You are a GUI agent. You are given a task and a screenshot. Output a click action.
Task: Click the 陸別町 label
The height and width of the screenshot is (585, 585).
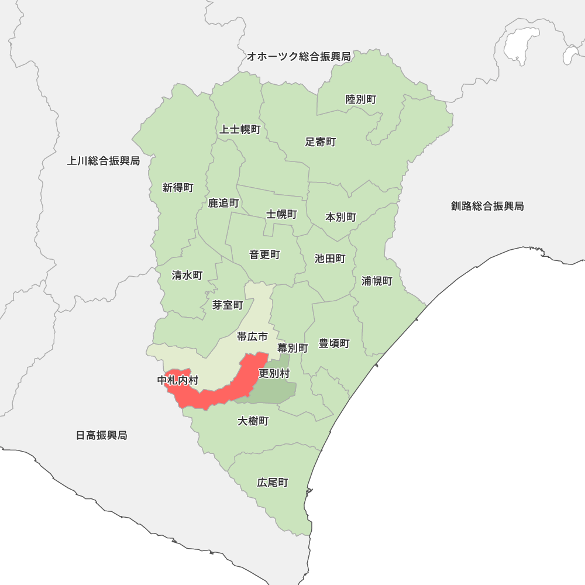click(x=361, y=99)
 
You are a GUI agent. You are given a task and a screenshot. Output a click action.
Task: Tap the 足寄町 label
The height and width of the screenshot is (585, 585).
click(x=321, y=142)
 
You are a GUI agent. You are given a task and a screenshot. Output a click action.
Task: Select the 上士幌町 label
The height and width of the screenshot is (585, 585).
click(x=240, y=129)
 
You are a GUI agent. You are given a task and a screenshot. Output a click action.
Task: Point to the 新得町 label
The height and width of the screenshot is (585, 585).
click(x=178, y=188)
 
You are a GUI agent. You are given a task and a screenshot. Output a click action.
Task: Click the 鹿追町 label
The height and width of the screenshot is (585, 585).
click(x=223, y=203)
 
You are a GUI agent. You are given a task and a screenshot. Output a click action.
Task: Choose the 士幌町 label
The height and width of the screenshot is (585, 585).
click(x=282, y=214)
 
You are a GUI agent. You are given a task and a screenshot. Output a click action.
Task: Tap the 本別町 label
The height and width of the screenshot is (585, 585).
click(x=341, y=217)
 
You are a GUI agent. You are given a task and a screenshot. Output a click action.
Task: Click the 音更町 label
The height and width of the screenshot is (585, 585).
click(x=264, y=254)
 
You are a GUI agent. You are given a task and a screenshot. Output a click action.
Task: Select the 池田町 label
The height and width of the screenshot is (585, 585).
click(x=330, y=259)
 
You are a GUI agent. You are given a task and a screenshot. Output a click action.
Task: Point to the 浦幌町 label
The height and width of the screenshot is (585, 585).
click(x=377, y=281)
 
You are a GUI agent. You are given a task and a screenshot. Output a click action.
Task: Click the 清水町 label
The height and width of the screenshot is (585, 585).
click(x=187, y=275)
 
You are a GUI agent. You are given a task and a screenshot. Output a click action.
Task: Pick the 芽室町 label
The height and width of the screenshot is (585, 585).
click(x=228, y=305)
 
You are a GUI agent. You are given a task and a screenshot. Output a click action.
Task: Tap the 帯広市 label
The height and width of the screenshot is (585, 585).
click(x=252, y=336)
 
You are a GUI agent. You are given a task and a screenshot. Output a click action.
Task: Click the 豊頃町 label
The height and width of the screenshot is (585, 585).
click(x=334, y=343)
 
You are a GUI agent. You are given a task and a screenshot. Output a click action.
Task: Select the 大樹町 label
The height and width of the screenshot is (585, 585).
click(x=253, y=421)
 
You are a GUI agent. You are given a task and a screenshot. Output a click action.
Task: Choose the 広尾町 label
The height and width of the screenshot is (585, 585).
click(x=273, y=483)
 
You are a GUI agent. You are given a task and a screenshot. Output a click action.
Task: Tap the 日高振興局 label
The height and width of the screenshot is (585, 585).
click(x=102, y=435)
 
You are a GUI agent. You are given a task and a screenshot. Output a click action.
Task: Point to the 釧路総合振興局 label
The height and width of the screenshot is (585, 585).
click(x=487, y=206)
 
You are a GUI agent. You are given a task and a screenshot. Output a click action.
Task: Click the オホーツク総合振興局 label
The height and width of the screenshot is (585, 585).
click(x=298, y=57)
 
